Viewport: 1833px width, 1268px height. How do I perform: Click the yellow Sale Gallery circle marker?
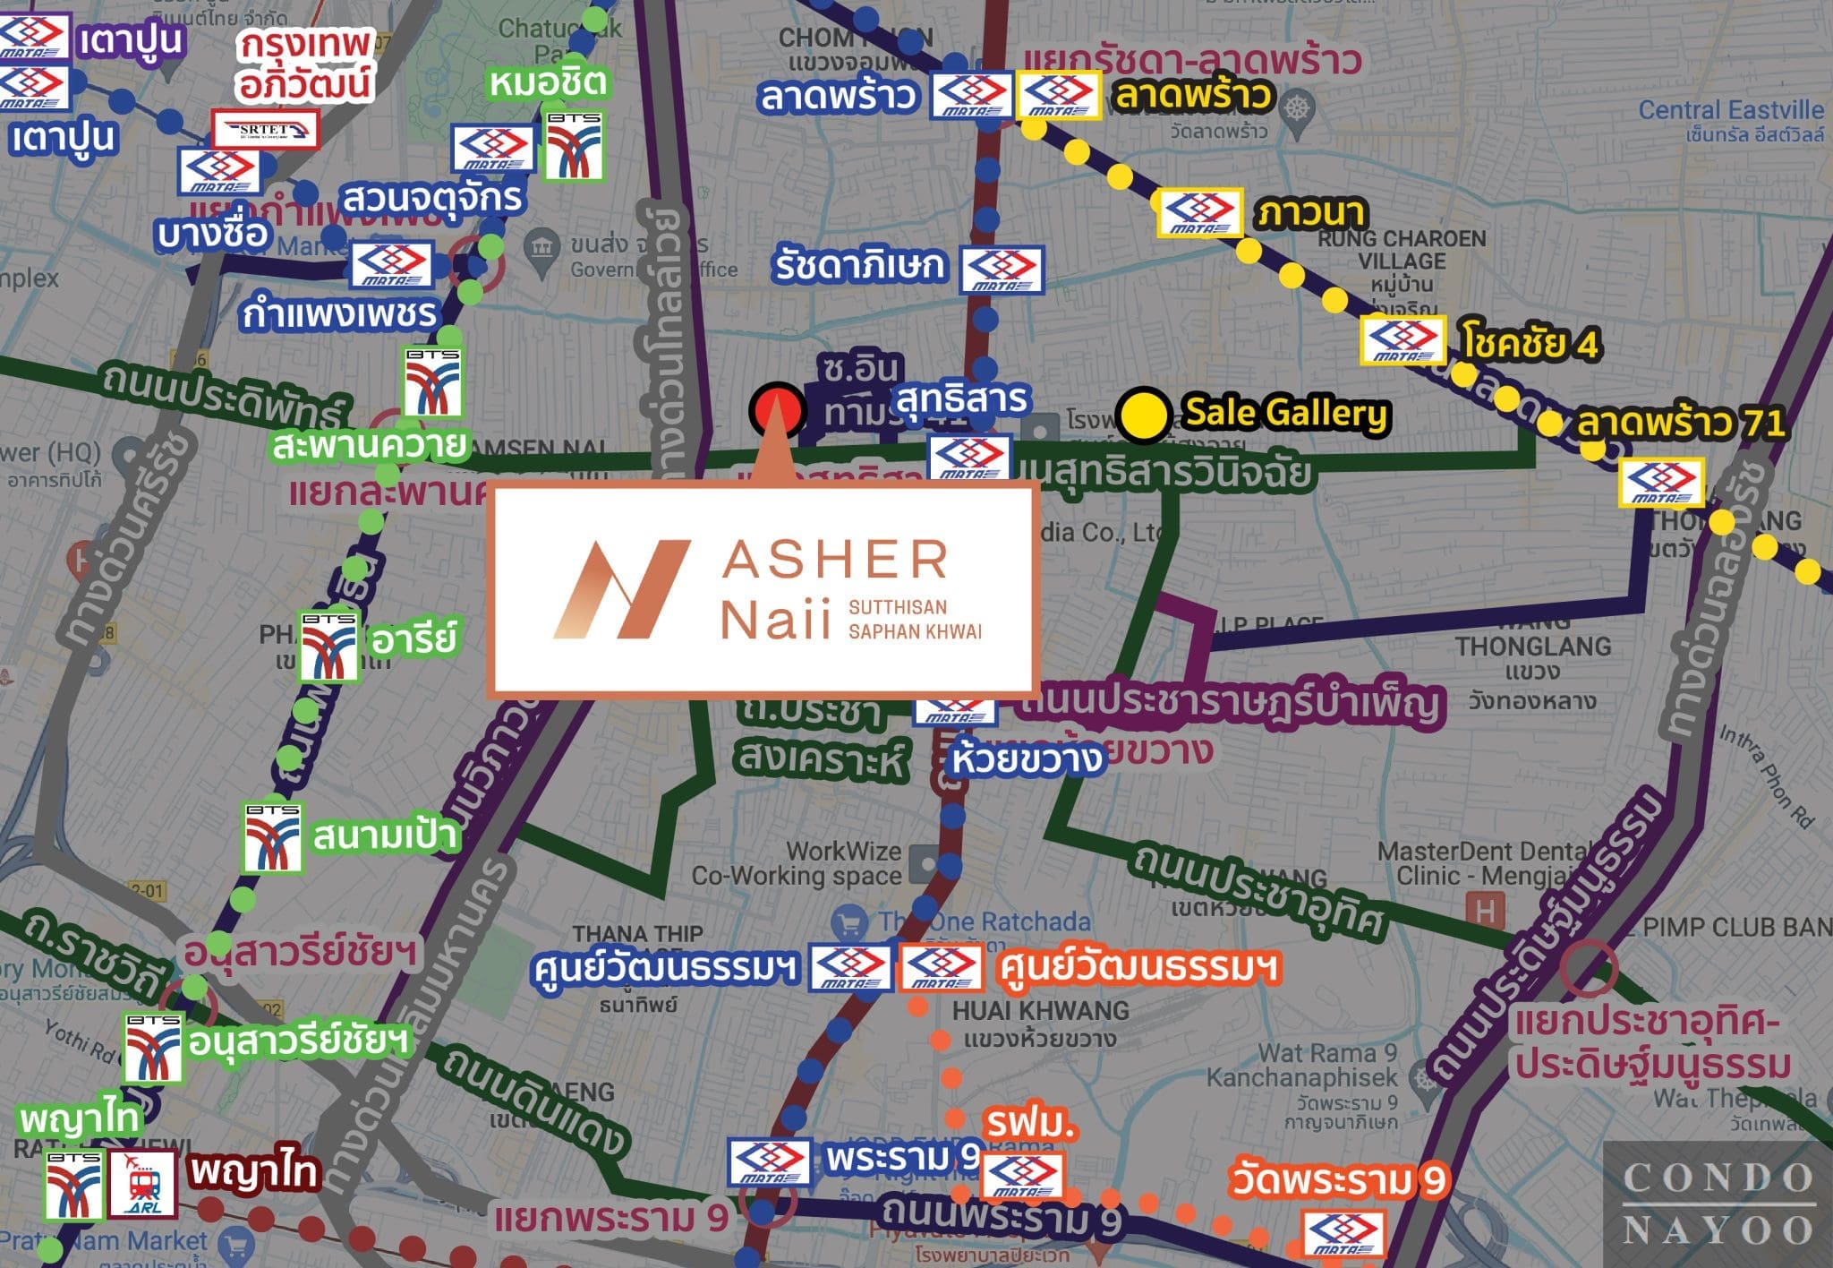[1144, 416]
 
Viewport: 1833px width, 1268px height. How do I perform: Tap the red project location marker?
[777, 410]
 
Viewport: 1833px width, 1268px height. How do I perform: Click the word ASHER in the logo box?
[834, 560]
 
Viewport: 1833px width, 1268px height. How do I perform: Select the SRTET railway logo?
[265, 131]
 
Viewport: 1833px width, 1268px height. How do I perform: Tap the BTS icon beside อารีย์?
[328, 646]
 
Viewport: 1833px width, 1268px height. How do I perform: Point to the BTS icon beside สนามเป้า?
[273, 837]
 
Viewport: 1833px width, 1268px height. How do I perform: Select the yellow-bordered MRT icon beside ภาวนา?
[1199, 213]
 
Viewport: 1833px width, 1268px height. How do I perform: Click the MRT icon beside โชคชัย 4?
[1402, 340]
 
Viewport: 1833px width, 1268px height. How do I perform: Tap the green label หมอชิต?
[548, 83]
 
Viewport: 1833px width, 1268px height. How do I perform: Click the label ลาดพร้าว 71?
[1681, 424]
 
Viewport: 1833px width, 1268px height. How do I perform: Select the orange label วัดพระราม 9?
[1338, 1180]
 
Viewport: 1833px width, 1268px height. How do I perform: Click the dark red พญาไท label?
[254, 1172]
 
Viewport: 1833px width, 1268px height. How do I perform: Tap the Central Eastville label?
[1731, 110]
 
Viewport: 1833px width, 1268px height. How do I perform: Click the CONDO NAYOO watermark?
[1718, 1203]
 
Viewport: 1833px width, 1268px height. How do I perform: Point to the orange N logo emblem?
[621, 589]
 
